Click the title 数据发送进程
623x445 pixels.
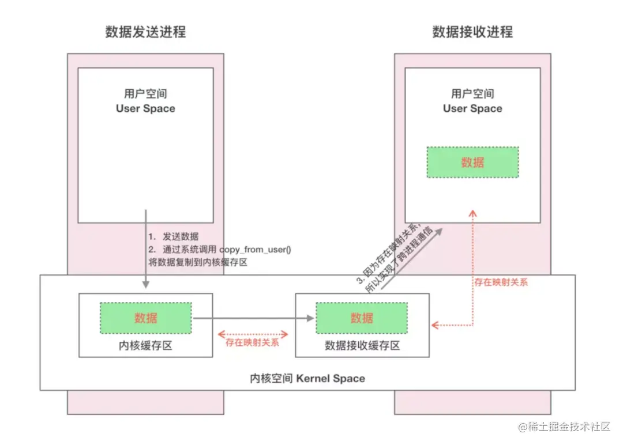coord(145,32)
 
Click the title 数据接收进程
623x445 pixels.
coord(472,32)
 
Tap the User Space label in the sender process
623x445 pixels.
coord(145,108)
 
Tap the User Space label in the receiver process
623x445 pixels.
coord(472,108)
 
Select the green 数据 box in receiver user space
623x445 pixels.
coord(472,162)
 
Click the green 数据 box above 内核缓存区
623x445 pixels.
coord(145,318)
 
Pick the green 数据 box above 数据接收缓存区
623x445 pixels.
coord(362,318)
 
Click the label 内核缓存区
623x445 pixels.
coord(145,346)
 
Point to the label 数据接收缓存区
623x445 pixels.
coord(362,346)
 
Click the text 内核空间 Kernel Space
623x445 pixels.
coord(307,378)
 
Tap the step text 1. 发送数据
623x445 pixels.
coord(174,237)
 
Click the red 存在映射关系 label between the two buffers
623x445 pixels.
coord(253,342)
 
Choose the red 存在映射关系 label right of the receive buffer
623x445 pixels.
coord(501,282)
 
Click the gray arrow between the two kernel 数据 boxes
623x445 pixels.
coord(254,318)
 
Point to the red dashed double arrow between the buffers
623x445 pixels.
coord(253,333)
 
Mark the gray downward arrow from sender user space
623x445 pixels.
coord(146,254)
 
